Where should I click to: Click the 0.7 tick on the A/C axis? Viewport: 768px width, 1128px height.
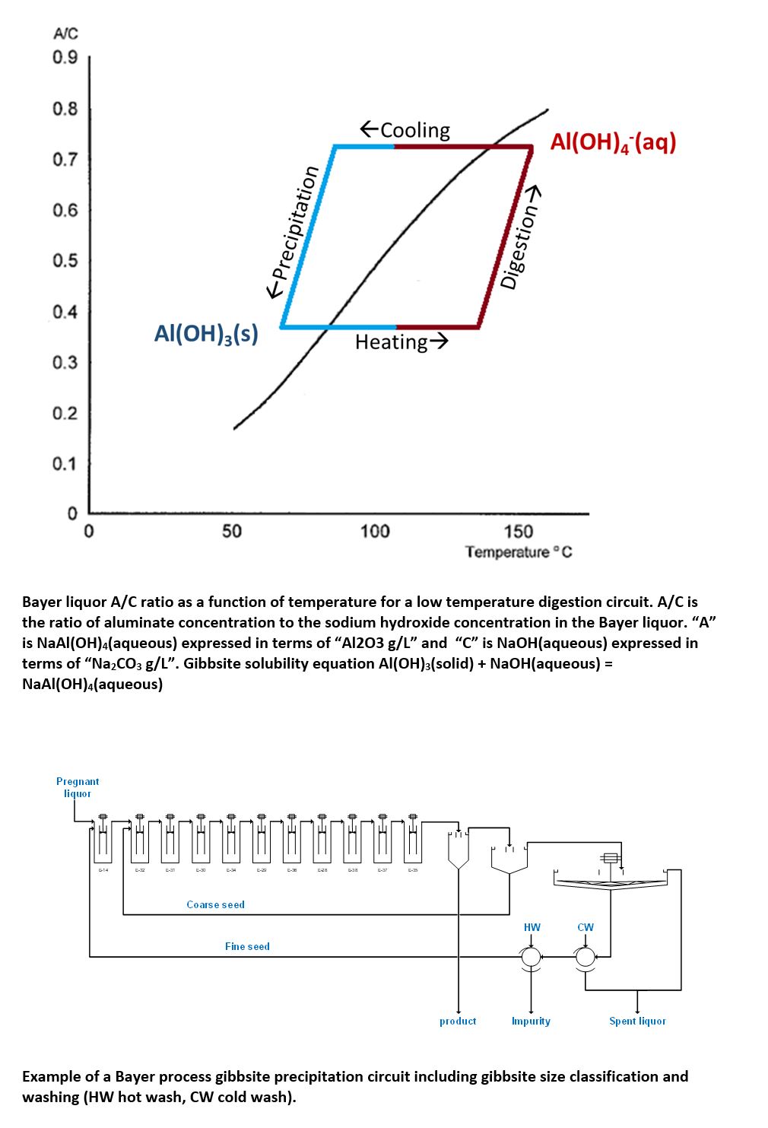pos(65,160)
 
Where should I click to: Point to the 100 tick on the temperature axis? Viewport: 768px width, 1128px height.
pos(374,531)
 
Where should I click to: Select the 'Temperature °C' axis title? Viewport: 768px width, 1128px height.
pos(519,551)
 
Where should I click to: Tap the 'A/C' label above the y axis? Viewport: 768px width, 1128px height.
pos(65,34)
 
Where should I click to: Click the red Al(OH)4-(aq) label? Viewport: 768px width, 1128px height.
pos(613,142)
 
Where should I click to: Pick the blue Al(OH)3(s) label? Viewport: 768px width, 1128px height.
pos(206,333)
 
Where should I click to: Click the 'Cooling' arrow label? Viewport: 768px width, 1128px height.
pos(405,130)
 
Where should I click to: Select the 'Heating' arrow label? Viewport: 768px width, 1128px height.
pos(401,342)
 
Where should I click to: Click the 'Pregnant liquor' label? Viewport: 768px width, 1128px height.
pos(78,787)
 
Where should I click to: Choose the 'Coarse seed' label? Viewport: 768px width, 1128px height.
pos(216,904)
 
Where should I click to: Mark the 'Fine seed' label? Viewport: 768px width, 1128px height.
pos(247,946)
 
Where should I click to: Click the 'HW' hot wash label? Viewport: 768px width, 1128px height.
pos(532,927)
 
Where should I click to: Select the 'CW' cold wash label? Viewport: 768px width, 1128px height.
pos(586,927)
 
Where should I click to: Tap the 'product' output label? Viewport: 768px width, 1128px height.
pos(458,1021)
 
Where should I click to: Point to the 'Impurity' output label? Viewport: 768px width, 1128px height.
pos(531,1021)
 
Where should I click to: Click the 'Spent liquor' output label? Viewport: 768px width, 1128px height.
pos(637,1021)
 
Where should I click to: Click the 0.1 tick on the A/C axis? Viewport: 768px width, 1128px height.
pos(65,464)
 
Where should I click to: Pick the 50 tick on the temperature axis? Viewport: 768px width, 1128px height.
pos(231,531)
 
